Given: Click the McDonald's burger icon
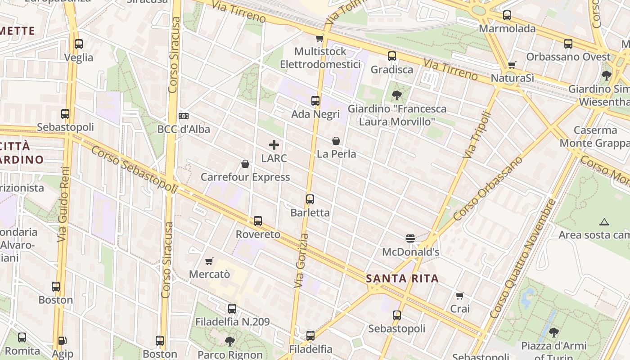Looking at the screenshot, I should click(410, 238).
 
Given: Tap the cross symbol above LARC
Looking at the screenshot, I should click(274, 145).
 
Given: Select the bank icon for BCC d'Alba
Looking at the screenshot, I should click(184, 116).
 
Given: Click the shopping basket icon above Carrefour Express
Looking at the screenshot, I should click(245, 164).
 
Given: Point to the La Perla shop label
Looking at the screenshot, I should click(336, 154).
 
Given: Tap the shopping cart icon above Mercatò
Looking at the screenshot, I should click(209, 261).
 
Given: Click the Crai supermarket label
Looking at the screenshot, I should click(460, 309).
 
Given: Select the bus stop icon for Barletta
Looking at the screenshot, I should click(310, 199).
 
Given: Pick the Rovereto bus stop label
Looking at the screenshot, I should click(258, 234).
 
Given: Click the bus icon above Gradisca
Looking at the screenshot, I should click(392, 56).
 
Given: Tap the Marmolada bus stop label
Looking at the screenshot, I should click(507, 29).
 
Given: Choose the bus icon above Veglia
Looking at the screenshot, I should click(79, 44).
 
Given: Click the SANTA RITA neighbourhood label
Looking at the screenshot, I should click(402, 279).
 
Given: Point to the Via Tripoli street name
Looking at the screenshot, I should click(477, 135).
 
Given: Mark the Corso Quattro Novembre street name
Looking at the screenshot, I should click(523, 259).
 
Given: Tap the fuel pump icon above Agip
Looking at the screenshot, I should click(63, 341).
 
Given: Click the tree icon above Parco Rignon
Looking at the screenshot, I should click(230, 341).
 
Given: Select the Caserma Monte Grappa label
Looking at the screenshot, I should click(595, 137).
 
